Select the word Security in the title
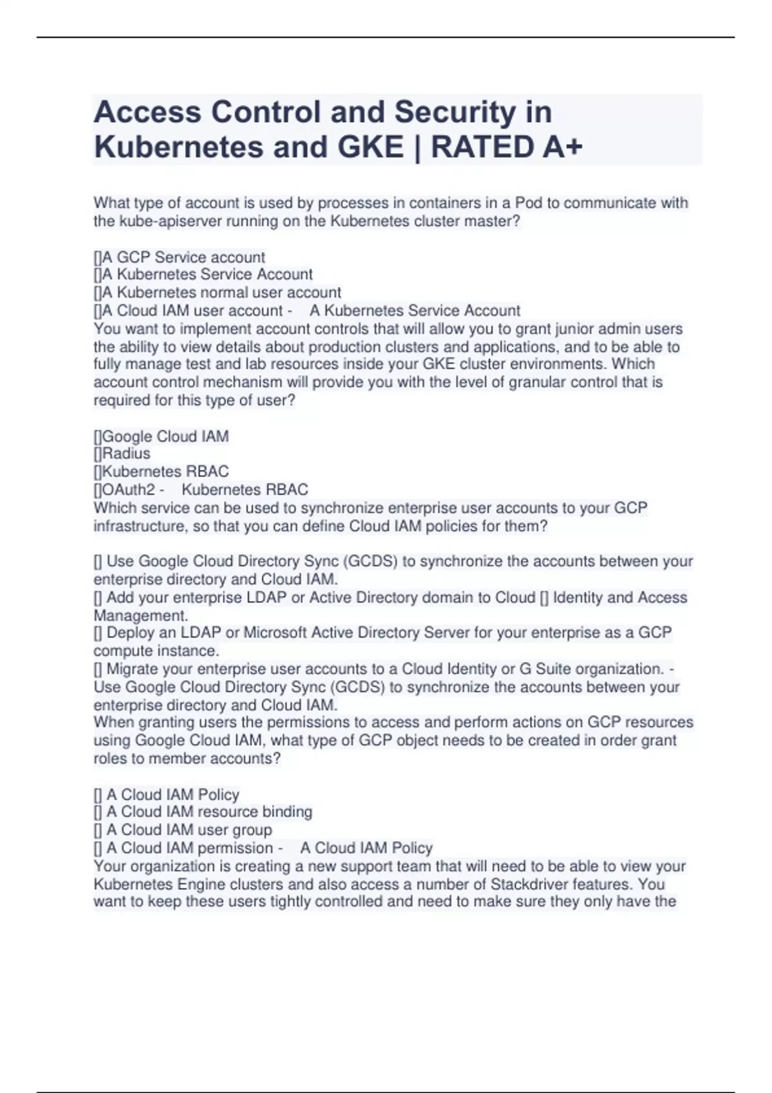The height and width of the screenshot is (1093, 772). tap(455, 112)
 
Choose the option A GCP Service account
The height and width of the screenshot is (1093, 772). tap(183, 257)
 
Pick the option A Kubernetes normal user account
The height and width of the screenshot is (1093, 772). tap(221, 293)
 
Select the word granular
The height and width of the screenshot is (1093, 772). tap(540, 382)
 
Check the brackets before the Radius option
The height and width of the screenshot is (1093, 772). tap(98, 453)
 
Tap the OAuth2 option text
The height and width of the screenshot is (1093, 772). tap(129, 489)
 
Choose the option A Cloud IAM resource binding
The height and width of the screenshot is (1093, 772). tap(209, 812)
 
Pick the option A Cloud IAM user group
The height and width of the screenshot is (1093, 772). tap(189, 830)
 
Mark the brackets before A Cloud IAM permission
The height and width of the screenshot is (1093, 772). tap(98, 848)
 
